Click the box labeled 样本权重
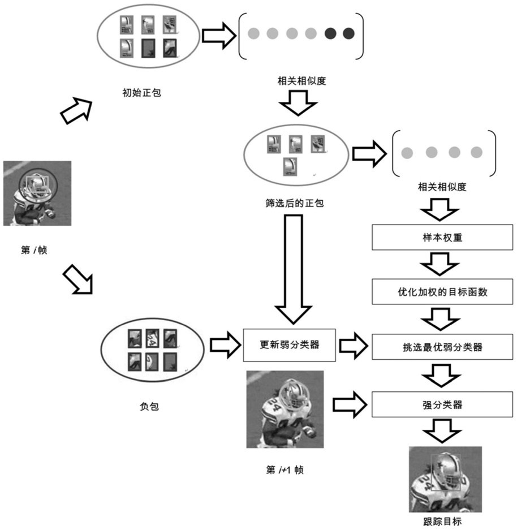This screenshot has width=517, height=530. pyautogui.click(x=442, y=237)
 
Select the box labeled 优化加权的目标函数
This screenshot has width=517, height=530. pyautogui.click(x=442, y=292)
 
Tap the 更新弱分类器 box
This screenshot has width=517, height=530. pyautogui.click(x=289, y=345)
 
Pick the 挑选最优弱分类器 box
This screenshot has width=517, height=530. pyautogui.click(x=442, y=347)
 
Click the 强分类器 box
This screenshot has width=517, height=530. pyautogui.click(x=442, y=404)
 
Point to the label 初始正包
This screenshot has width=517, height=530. pyautogui.click(x=141, y=93)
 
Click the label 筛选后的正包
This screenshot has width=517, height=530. pyautogui.click(x=295, y=203)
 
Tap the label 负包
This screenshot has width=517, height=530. pyautogui.click(x=149, y=406)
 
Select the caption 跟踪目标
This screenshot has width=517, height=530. pyautogui.click(x=442, y=522)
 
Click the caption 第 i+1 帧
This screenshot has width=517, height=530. pyautogui.click(x=285, y=469)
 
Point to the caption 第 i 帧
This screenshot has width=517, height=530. pyautogui.click(x=34, y=250)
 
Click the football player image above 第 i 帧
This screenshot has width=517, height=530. pyautogui.click(x=37, y=193)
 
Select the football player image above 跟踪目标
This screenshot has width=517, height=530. pyautogui.click(x=445, y=479)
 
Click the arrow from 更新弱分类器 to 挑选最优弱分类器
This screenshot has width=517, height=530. pyautogui.click(x=354, y=346)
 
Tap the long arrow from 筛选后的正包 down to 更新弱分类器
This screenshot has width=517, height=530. pyautogui.click(x=294, y=269)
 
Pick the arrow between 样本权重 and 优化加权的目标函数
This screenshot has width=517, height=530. pyautogui.click(x=440, y=264)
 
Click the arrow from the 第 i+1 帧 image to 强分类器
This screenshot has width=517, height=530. pyautogui.click(x=350, y=404)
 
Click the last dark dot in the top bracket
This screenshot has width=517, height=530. pyautogui.click(x=348, y=33)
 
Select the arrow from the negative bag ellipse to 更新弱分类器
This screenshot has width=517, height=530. pyautogui.click(x=225, y=345)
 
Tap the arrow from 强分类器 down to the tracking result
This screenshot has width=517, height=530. pyautogui.click(x=442, y=431)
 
